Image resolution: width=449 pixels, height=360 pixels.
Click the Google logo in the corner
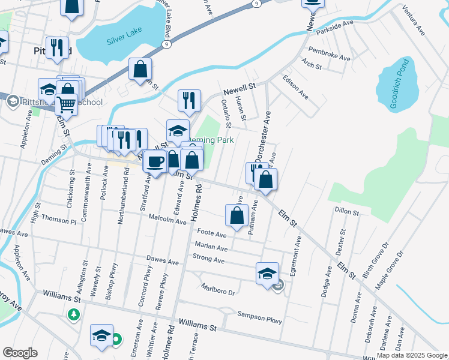(20, 353)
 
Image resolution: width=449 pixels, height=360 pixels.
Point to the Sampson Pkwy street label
(259, 317)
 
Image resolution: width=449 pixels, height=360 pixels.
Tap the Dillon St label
(346, 212)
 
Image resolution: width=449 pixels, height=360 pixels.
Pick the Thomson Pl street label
(59, 221)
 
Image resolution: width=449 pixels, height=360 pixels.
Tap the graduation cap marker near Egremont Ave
(267, 273)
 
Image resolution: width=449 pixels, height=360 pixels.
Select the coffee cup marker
(155, 161)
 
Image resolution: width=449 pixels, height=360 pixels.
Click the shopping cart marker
(66, 104)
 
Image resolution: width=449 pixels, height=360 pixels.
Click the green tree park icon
(74, 314)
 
